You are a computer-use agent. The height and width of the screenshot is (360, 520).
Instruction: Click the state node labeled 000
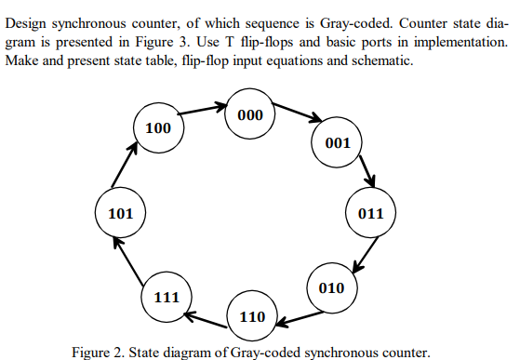click(x=251, y=115)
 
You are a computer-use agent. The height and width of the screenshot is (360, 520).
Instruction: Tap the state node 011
click(x=370, y=213)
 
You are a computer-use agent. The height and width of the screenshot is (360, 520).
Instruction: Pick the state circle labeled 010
click(x=332, y=287)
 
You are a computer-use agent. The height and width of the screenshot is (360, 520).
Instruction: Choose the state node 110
click(x=253, y=316)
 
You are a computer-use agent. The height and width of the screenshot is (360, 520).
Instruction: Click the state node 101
click(x=122, y=214)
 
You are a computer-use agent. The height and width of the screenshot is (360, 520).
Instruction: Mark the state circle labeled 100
click(x=158, y=127)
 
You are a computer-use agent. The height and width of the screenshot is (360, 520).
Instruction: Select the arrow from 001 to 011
click(x=366, y=172)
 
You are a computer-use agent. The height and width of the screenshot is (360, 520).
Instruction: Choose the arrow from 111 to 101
click(x=127, y=260)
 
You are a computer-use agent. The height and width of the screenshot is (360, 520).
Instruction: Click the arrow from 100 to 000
click(x=203, y=110)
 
